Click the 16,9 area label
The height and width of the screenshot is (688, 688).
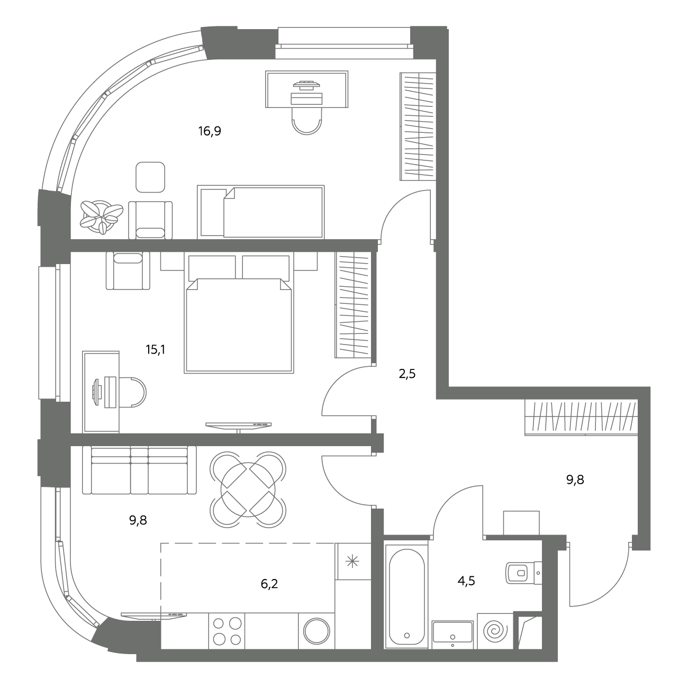[210, 131]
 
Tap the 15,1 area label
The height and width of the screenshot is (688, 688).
[155, 349]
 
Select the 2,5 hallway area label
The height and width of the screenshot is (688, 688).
[408, 374]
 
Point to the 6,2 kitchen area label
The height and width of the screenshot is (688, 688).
[269, 584]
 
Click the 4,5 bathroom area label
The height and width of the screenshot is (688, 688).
[466, 581]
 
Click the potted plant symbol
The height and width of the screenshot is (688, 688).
[102, 216]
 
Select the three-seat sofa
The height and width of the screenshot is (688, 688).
[139, 470]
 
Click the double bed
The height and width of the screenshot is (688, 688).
[239, 313]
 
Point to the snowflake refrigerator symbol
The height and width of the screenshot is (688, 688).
[352, 562]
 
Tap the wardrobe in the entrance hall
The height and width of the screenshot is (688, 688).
[581, 418]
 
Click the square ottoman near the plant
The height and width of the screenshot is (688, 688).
[150, 177]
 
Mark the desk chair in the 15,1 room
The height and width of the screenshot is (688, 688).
[134, 392]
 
